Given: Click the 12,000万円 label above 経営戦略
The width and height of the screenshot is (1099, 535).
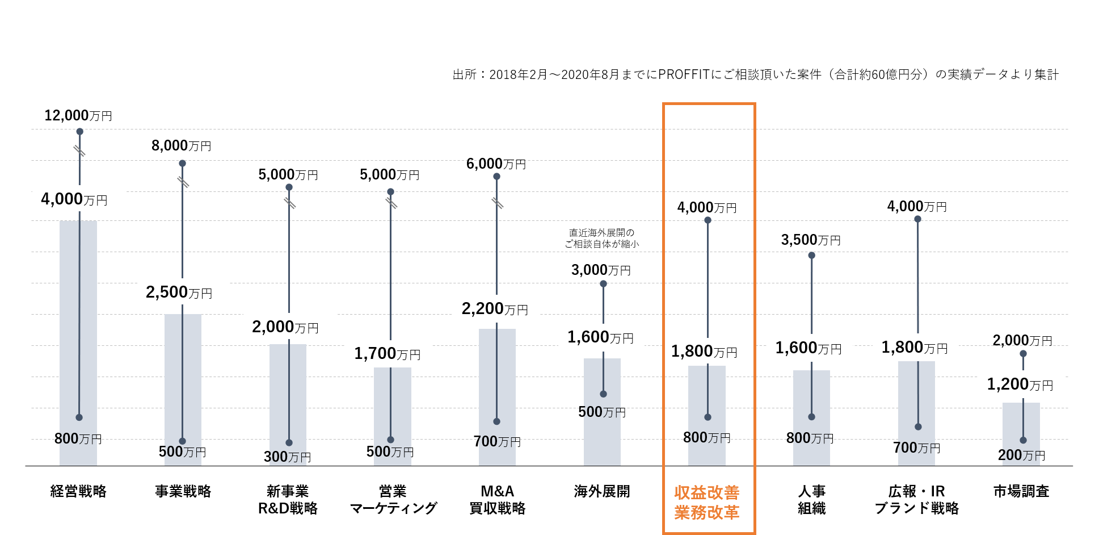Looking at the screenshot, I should pos(78,116).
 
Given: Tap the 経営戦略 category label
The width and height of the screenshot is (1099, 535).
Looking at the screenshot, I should pos(78,491).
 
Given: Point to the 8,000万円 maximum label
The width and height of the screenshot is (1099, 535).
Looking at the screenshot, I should pos(181,146).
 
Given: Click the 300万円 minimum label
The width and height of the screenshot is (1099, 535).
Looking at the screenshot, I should pos(287,457).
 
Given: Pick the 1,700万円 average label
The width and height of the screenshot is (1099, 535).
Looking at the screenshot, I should pos(387,354).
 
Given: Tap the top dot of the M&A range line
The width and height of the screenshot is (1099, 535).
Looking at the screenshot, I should pos(496,177).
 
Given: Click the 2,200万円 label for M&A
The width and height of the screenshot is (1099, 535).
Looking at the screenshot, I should pos(494,309).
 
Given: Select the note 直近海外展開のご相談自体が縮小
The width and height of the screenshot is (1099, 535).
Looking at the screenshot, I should pos(601,239).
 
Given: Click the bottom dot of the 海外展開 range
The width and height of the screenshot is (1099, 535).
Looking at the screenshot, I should pos(603,394).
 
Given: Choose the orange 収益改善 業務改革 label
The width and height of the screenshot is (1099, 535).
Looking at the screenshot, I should pos(707,503).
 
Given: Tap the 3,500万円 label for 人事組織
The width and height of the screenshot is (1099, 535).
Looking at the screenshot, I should pos(810,240).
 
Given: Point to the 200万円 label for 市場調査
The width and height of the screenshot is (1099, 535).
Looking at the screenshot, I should pos(1021,455).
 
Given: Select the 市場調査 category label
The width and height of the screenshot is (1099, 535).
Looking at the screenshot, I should pos(1021,491).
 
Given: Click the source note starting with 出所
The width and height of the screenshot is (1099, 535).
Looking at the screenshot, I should pos(755,74).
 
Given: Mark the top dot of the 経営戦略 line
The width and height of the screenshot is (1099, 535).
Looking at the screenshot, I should pos(80,132).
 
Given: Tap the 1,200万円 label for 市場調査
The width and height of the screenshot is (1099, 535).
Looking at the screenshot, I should pos(1020,384).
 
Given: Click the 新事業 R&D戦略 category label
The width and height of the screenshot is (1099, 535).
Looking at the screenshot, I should pos(288,500).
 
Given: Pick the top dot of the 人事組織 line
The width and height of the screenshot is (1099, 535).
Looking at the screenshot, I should pos(811,256).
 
